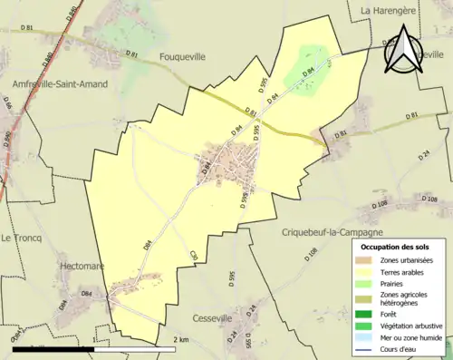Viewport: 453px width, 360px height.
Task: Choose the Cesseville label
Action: [x=219, y=318]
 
